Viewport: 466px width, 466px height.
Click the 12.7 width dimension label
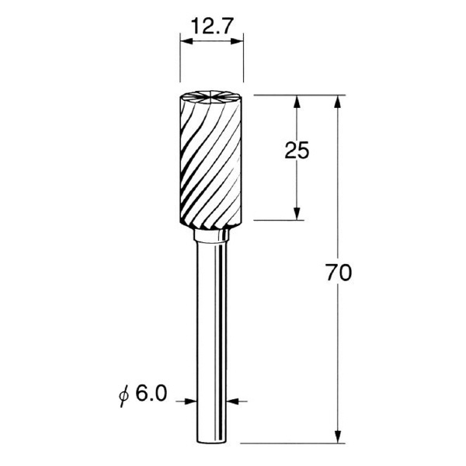click(211, 26)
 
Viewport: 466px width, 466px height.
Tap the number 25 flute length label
click(297, 150)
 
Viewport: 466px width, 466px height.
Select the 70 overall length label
click(339, 272)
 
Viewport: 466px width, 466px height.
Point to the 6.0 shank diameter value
click(151, 394)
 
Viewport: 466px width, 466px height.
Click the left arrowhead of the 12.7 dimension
click(186, 41)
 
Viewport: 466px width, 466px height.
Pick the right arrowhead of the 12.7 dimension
click(237, 41)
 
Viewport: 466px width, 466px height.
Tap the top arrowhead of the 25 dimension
click(297, 102)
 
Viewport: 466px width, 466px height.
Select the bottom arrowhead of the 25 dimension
click(297, 214)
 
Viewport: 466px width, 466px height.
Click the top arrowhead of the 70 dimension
click(337, 102)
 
